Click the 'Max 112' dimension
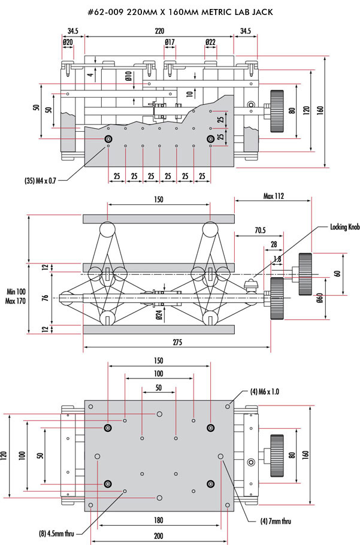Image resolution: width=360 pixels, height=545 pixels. click(x=275, y=195)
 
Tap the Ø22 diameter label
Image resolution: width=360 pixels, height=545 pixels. click(x=210, y=42)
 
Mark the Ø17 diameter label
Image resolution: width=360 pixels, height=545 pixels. click(x=170, y=42)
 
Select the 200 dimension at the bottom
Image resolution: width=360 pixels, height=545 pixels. click(x=159, y=536)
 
